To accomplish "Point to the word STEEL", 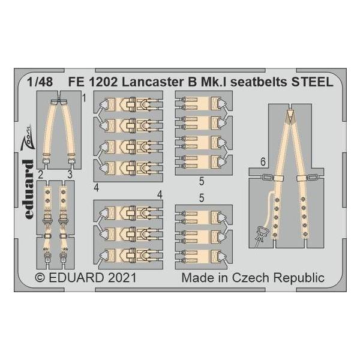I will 314,83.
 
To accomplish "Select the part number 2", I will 40,175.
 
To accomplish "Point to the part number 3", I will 71,175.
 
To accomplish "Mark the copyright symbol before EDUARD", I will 40,278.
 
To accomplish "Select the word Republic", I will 301,278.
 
